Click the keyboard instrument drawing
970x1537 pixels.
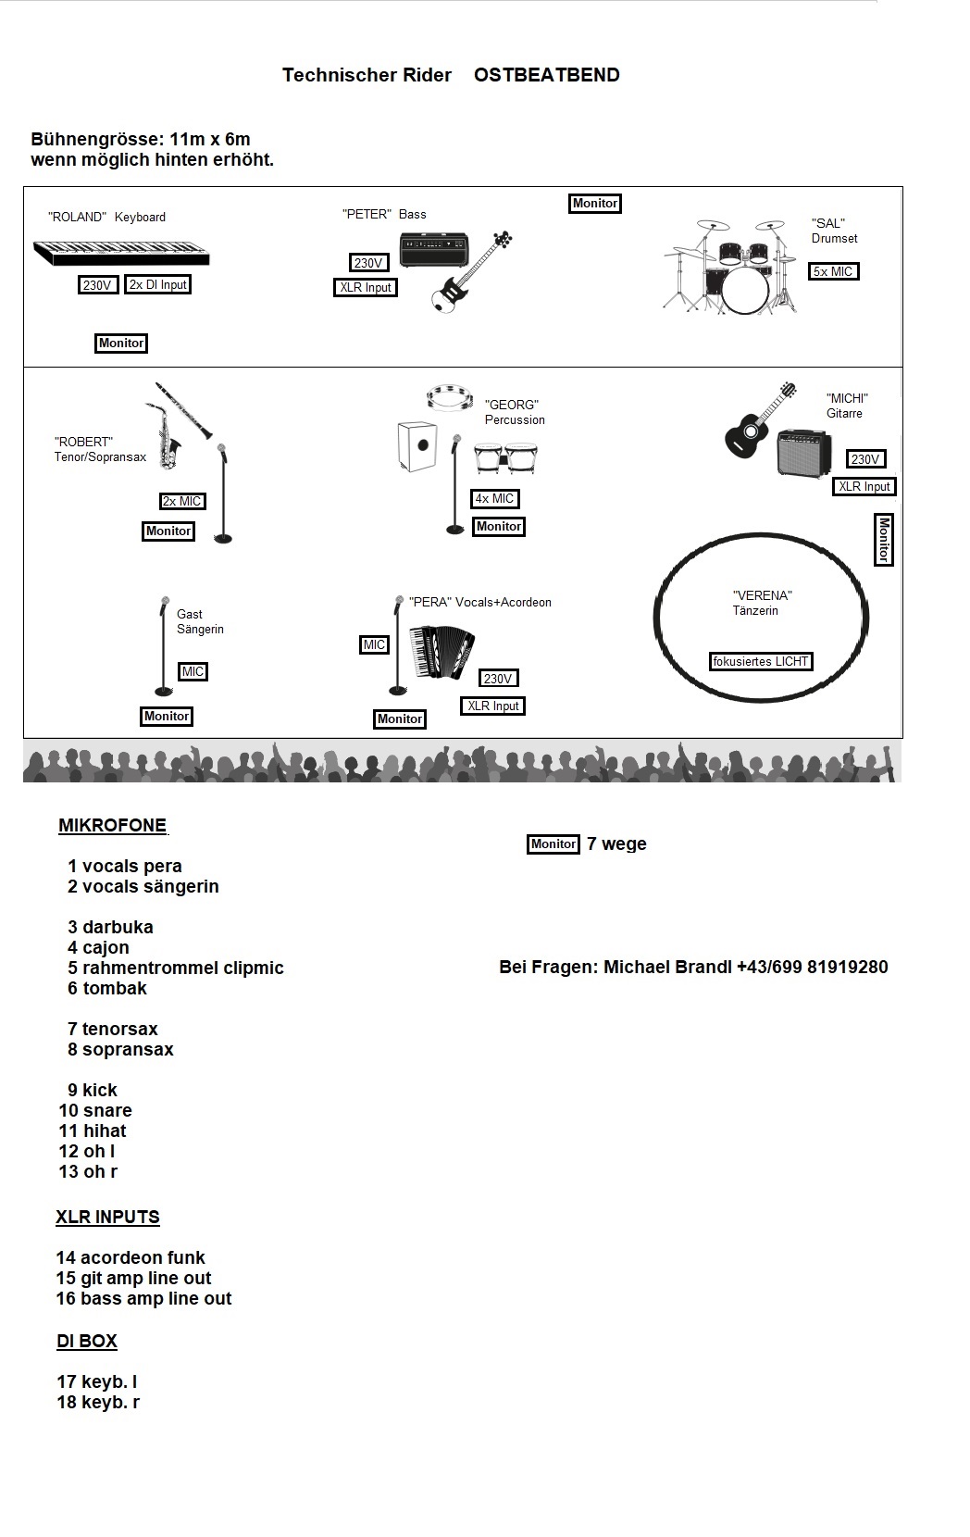121,253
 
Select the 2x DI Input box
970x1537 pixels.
157,285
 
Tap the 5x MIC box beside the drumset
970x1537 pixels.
833,271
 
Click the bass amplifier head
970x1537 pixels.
434,249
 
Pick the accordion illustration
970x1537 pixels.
442,651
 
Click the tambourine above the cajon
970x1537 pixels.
449,397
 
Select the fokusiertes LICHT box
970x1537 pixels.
761,661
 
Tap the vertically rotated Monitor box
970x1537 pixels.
884,539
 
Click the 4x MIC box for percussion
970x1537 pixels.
494,499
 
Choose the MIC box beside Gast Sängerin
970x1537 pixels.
193,672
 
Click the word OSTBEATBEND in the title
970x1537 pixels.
547,75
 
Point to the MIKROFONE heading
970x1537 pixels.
113,826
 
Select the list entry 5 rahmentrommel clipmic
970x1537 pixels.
175,968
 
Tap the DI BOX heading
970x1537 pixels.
86,1341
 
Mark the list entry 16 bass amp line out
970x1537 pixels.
144,1298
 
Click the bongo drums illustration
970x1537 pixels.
506,457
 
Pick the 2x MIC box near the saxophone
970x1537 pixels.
181,502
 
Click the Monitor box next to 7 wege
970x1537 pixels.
553,844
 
